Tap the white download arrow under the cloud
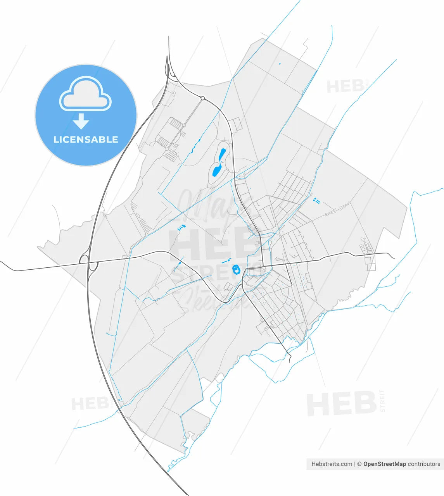(x=81, y=122)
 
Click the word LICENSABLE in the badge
(x=86, y=139)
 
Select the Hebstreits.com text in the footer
(x=332, y=464)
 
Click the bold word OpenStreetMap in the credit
(x=385, y=464)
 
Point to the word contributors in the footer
(x=424, y=464)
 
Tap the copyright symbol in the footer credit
(x=359, y=464)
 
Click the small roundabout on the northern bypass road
(x=202, y=98)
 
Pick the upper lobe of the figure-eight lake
(x=222, y=155)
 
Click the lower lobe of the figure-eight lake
(x=216, y=170)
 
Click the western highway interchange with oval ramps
(x=88, y=262)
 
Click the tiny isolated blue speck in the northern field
(x=280, y=64)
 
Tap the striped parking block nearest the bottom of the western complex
(x=170, y=156)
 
